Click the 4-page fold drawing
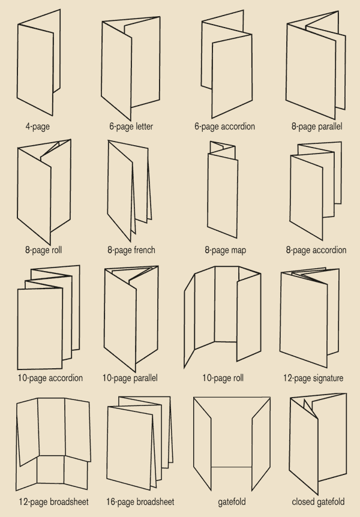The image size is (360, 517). click(39, 63)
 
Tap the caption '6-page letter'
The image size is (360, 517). click(131, 127)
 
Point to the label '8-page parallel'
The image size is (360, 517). click(316, 127)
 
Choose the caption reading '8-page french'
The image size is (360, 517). click(131, 250)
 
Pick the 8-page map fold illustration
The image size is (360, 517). click(224, 189)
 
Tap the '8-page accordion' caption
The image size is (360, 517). click(316, 250)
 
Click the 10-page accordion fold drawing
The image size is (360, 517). click(47, 318)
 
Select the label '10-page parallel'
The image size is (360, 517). click(130, 378)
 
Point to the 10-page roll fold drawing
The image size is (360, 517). click(223, 318)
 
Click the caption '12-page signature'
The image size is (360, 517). click(313, 378)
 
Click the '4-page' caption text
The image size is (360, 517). click(38, 127)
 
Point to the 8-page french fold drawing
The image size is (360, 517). click(129, 189)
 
